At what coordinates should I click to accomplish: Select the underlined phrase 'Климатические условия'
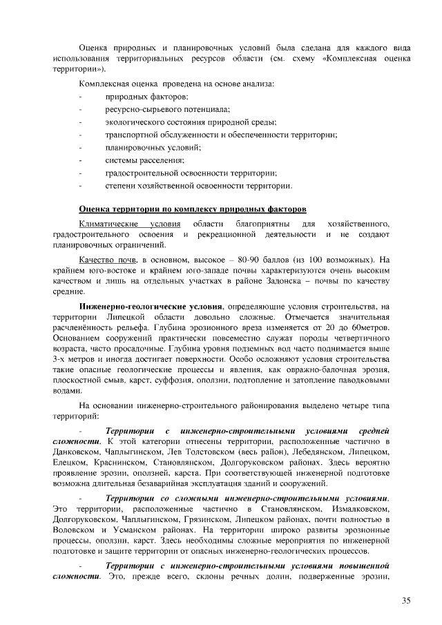click(130, 224)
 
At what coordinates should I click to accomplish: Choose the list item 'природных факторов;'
click(146, 97)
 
